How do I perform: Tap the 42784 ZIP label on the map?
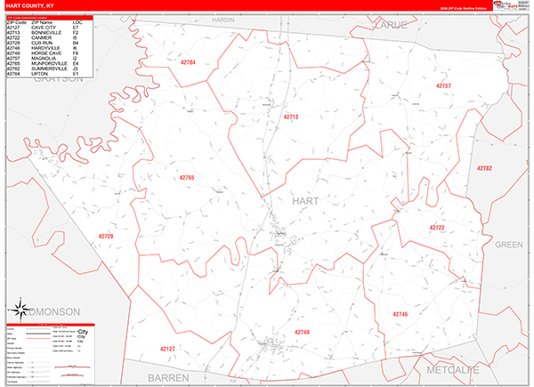click(x=186, y=63)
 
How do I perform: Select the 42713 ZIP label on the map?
click(x=291, y=117)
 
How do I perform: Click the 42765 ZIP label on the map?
click(x=186, y=178)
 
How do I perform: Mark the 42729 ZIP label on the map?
click(x=105, y=236)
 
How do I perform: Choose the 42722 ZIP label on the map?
click(x=437, y=228)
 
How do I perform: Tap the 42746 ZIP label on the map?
click(x=400, y=313)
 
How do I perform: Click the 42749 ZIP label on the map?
click(x=302, y=332)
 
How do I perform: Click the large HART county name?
click(x=304, y=201)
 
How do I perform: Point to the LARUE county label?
click(x=392, y=25)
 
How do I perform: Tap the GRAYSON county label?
click(x=59, y=78)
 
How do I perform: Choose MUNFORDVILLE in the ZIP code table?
click(x=50, y=63)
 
